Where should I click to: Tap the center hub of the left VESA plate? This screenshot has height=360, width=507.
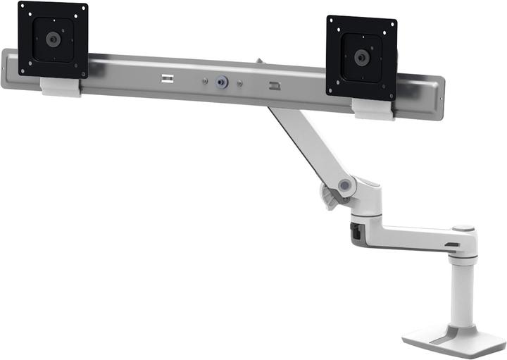(53, 39)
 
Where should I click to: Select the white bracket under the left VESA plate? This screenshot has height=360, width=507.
(61, 87)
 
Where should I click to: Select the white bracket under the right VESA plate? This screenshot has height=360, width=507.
(373, 108)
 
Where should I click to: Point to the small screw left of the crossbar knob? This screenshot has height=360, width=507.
(205, 80)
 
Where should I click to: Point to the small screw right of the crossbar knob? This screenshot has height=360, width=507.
(241, 84)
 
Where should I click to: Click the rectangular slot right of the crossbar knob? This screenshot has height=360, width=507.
(274, 87)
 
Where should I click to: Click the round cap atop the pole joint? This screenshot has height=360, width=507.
(463, 229)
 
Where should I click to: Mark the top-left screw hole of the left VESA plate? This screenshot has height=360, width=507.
(24, 9)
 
